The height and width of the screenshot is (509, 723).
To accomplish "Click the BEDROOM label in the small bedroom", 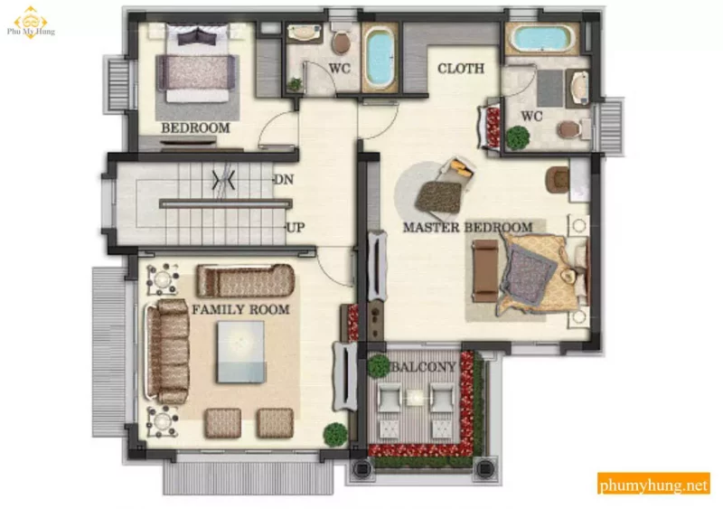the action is tap(195, 127).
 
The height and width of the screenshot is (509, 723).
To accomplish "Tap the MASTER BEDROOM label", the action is tap(467, 227).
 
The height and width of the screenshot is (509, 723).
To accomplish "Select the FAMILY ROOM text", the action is tap(240, 309).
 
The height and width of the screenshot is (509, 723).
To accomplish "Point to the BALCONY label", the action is tap(424, 367).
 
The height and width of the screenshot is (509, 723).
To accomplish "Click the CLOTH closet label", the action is tap(461, 69).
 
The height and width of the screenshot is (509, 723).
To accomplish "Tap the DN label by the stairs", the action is tap(284, 179).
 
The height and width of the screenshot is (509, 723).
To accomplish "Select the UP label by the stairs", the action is tap(296, 227).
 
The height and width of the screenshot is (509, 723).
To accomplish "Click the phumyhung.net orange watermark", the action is tap(653, 484).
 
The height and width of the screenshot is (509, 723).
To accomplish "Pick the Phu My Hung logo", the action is tap(31, 24).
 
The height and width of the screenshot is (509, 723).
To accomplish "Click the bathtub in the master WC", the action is tap(541, 38).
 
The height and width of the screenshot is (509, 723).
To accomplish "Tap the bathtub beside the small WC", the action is tap(380, 56).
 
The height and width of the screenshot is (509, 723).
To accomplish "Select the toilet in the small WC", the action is tap(341, 40).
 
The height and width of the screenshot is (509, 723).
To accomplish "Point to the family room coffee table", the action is tap(241, 352).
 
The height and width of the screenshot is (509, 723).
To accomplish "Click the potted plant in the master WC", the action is tap(518, 137).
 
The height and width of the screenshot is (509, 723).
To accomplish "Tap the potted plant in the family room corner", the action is tap(335, 434).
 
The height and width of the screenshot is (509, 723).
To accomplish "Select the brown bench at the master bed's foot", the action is tap(485, 271).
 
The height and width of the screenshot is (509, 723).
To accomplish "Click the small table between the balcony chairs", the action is tap(416, 397).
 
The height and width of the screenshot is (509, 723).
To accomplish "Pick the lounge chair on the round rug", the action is tap(438, 194).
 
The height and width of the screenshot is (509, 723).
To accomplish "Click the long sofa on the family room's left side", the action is tap(167, 351).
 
